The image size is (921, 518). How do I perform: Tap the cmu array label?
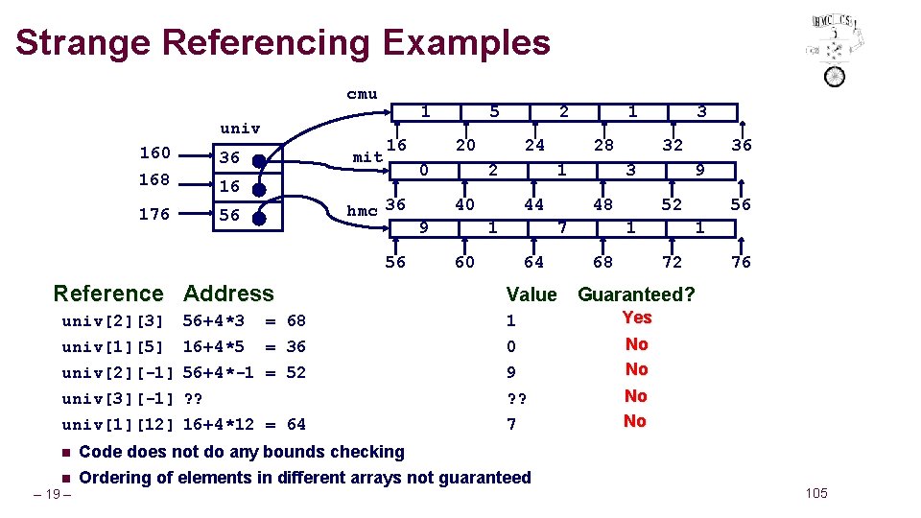pos(362,94)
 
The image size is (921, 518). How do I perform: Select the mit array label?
pos(367,156)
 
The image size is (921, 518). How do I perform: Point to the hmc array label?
pos(362,211)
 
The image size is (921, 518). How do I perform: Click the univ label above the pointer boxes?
pos(240,128)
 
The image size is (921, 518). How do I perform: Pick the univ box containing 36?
pos(248,158)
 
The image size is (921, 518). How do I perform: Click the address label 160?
pos(154,153)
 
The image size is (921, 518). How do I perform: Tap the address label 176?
pos(154,214)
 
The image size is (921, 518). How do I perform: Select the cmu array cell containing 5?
pos(494,112)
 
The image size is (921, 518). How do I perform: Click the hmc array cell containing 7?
pos(562,228)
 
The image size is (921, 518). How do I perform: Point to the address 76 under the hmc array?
pos(741,262)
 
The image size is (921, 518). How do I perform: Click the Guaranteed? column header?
pos(636,294)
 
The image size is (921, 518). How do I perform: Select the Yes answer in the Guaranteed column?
pos(636,318)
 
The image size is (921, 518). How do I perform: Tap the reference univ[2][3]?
pos(112,320)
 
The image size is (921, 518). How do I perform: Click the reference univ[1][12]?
pos(116,424)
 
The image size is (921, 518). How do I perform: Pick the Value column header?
pos(531,294)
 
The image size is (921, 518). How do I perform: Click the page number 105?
pos(815,493)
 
